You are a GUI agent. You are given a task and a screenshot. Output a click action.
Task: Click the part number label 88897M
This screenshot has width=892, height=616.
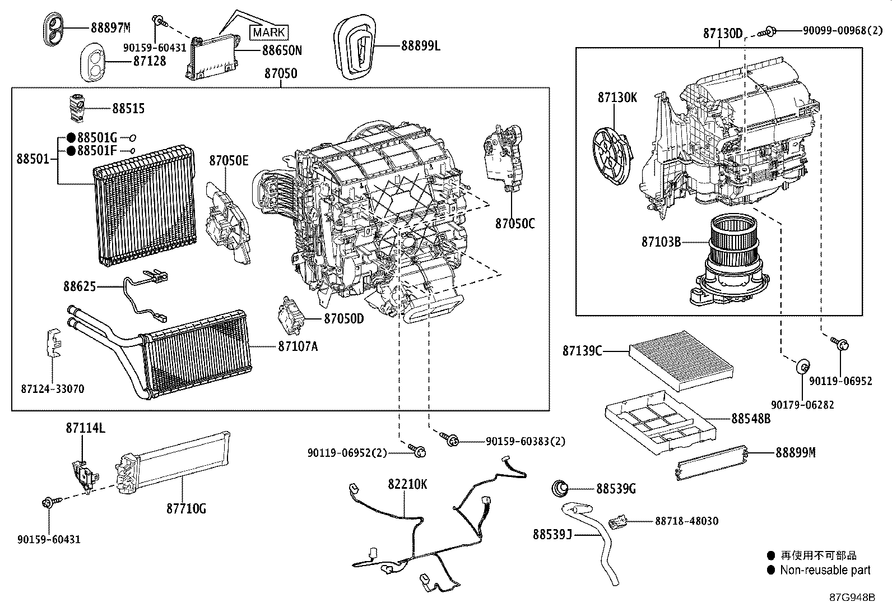pyautogui.click(x=111, y=27)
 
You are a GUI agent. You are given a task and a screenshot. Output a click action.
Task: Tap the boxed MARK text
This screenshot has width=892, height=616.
pyautogui.click(x=269, y=33)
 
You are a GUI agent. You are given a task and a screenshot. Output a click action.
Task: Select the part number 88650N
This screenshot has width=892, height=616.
pyautogui.click(x=281, y=50)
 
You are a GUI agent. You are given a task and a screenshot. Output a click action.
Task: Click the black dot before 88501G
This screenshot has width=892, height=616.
pyautogui.click(x=71, y=137)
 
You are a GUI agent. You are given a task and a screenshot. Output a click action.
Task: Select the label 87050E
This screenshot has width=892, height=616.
pyautogui.click(x=229, y=160)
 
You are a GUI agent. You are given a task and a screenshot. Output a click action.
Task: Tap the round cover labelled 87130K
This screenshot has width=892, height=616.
pyautogui.click(x=612, y=156)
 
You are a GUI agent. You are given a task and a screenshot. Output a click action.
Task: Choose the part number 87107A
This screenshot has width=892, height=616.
pyautogui.click(x=298, y=346)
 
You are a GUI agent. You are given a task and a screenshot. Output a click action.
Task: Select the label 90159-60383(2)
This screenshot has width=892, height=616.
pyautogui.click(x=525, y=441)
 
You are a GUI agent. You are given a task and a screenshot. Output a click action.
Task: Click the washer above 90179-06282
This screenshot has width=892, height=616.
pyautogui.click(x=802, y=366)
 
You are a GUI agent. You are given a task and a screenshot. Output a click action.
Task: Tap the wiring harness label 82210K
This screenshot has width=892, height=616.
pyautogui.click(x=407, y=484)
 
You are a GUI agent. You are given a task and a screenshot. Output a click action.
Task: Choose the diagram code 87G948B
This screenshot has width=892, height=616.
pyautogui.click(x=852, y=598)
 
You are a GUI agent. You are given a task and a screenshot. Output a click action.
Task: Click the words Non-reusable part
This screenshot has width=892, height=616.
pyautogui.click(x=825, y=570)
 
